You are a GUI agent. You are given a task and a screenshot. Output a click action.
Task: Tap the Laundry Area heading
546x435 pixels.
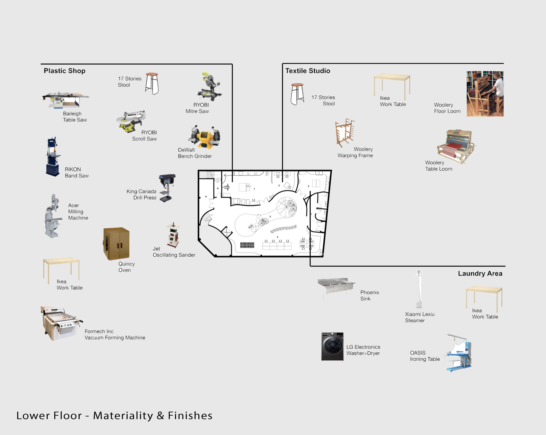[x=480, y=273]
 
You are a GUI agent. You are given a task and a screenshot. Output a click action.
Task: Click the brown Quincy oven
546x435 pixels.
[x=116, y=244]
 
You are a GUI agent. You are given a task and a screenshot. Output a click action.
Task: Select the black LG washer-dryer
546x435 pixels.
[x=332, y=346]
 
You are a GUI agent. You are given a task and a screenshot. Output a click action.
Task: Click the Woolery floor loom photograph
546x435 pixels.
[x=485, y=94]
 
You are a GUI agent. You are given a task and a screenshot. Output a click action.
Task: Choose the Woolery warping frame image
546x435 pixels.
[x=345, y=132]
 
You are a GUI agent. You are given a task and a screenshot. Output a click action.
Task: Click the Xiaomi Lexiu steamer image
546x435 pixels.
[x=419, y=289]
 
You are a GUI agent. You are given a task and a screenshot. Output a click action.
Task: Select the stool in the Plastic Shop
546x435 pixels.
[x=152, y=84]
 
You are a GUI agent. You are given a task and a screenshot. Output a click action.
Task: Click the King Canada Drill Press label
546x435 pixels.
[x=141, y=195]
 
